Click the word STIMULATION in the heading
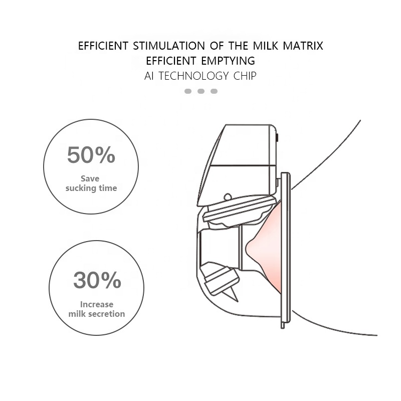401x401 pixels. (x=169, y=46)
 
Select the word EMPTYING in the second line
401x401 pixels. (x=228, y=61)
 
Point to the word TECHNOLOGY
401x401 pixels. (x=193, y=76)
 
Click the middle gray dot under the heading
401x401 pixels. (x=201, y=91)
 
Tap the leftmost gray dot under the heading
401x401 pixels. (x=188, y=91)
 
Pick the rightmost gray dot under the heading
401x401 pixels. (x=214, y=91)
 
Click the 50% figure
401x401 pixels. (x=91, y=155)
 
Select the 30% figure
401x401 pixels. (x=97, y=280)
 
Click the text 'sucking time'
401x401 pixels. (x=91, y=188)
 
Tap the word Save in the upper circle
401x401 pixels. (x=90, y=178)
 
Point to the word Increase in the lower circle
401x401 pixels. (x=97, y=304)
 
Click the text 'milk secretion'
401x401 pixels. (x=97, y=314)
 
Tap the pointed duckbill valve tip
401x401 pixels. (x=237, y=300)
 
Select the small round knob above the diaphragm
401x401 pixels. (x=228, y=197)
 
